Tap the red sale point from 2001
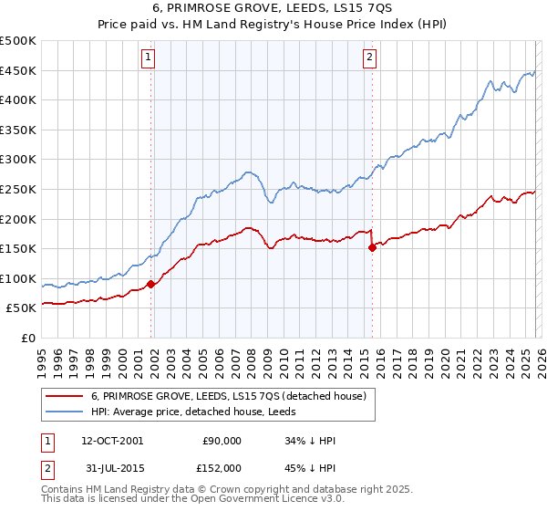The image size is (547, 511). [150, 284]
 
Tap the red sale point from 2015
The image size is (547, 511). [372, 247]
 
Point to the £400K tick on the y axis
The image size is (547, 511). [18, 100]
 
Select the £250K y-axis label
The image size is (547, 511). [18, 189]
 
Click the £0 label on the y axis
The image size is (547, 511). [27, 338]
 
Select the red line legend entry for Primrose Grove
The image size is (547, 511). [228, 396]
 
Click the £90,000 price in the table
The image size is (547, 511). [222, 441]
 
